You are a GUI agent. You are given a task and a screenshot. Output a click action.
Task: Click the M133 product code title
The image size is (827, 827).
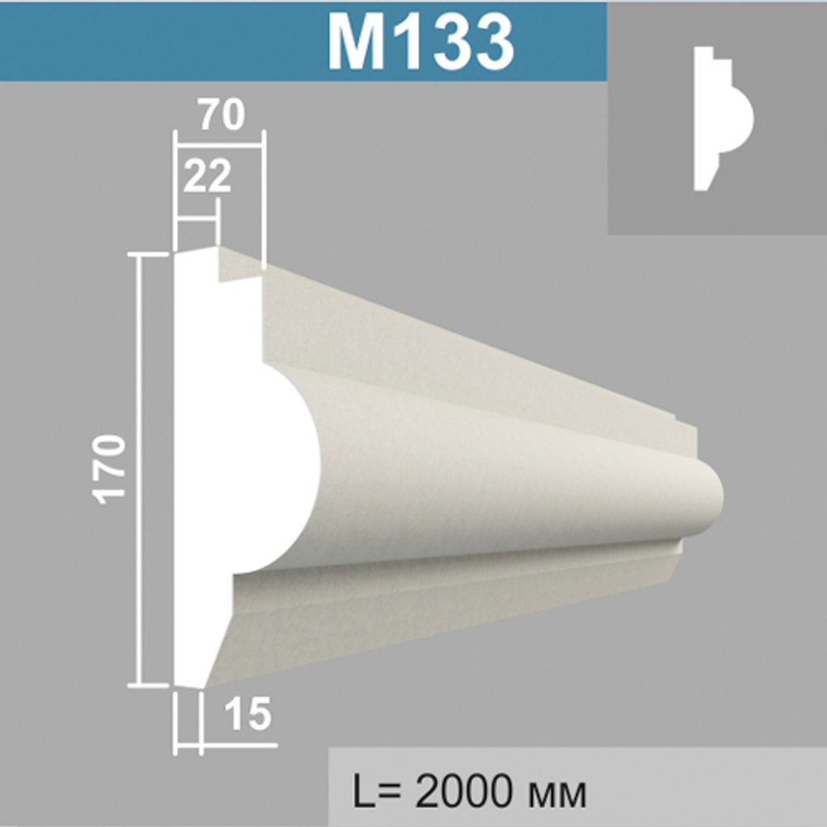pos(420,42)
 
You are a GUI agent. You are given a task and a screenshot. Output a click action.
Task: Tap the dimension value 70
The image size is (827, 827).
pos(222,115)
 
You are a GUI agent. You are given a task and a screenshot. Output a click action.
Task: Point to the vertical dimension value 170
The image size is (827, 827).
pos(111,469)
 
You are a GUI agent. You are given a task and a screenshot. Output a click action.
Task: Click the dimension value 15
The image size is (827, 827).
pos(247,714)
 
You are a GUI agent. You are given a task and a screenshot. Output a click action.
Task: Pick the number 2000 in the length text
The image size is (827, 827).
pos(462,791)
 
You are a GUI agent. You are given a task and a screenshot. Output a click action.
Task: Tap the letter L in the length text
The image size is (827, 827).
pos(363,791)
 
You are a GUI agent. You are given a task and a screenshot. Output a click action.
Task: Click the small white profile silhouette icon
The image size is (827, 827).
pos(723,118)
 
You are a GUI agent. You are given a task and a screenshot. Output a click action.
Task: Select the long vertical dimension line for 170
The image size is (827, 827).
pos(139,471)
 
